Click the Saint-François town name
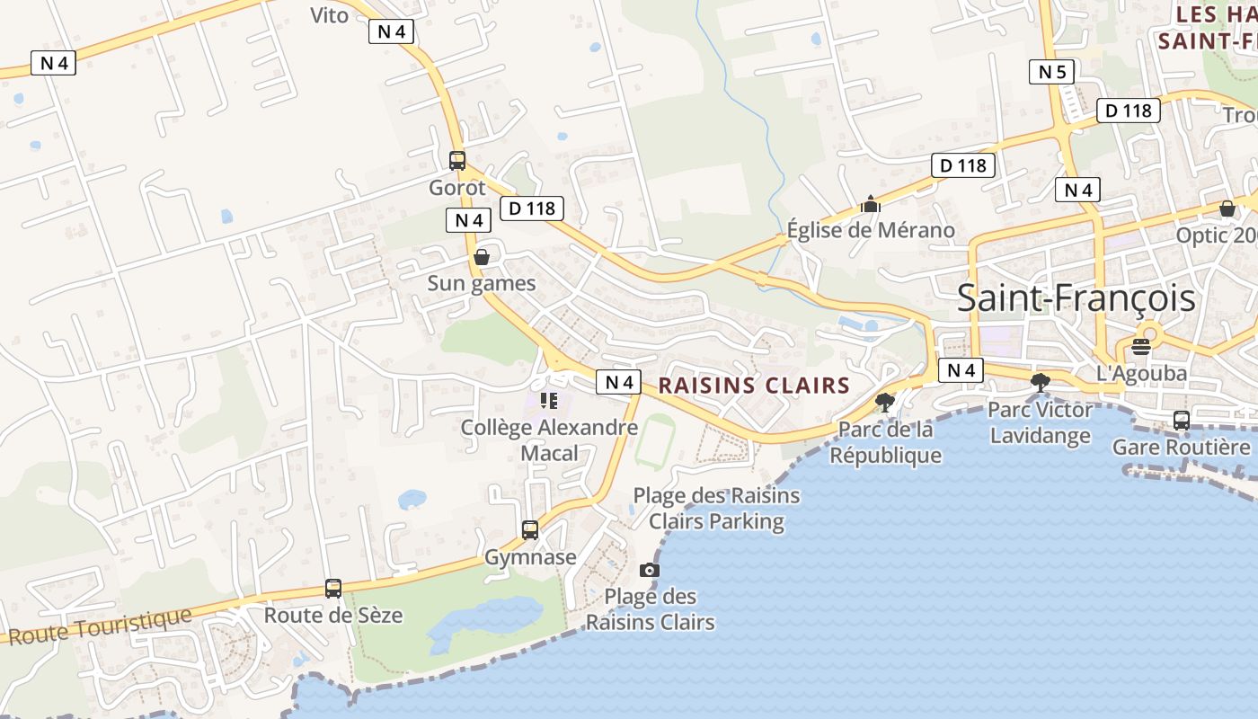1076,298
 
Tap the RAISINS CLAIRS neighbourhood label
754,386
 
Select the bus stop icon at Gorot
457,161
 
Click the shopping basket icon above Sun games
482,257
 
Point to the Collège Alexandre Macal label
549,439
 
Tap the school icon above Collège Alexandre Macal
549,401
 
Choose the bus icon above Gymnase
530,529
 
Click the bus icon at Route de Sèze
333,589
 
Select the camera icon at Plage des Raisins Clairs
649,570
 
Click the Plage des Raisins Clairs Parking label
716,508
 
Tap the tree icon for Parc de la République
885,401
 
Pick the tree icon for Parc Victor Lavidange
1041,383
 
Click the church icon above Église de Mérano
870,205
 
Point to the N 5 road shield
1051,72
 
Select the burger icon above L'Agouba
1141,347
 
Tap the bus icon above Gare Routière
1181,420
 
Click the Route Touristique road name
100,626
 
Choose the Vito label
329,15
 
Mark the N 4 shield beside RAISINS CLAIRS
619,382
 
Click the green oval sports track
656,439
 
